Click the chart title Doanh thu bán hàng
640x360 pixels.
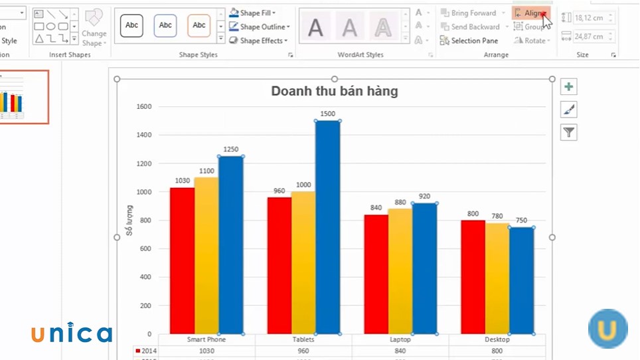click(334, 91)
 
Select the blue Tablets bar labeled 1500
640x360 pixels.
click(327, 226)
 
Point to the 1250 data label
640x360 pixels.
click(230, 149)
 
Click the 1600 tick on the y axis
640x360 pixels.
click(143, 106)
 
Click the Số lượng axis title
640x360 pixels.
click(130, 221)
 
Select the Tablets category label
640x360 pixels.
click(303, 339)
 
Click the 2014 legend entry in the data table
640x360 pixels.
click(146, 351)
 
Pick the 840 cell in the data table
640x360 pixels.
click(400, 351)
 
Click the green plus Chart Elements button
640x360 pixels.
click(568, 86)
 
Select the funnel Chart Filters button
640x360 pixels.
click(568, 132)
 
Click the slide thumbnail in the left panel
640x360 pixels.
click(24, 97)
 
